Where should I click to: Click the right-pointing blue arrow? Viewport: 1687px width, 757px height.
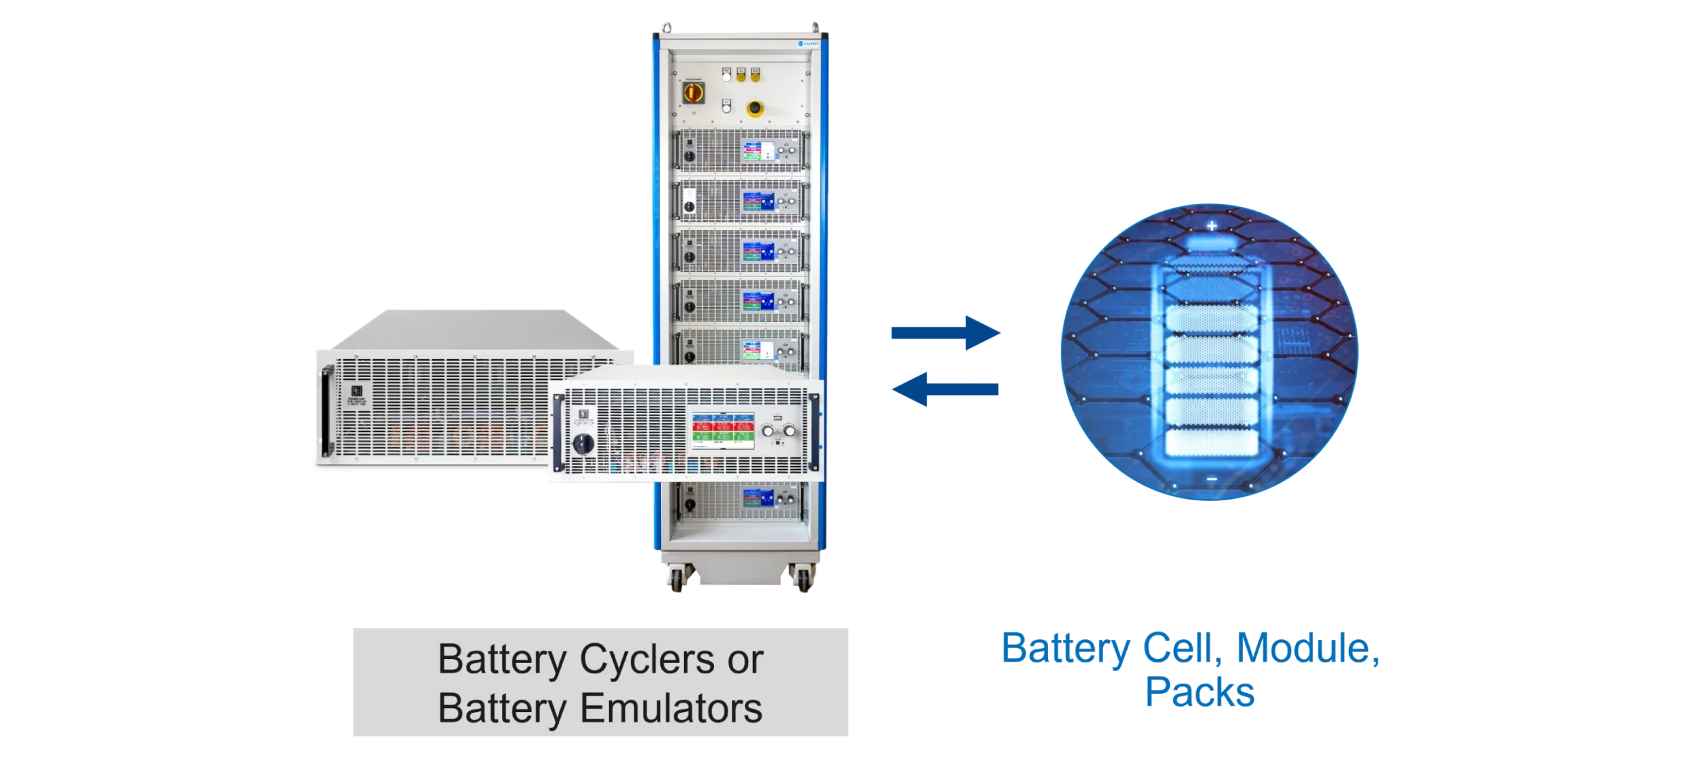946,333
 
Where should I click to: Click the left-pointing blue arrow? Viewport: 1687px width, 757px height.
946,389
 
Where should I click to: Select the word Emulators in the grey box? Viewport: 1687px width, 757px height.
671,708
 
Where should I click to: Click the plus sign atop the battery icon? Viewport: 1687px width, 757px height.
1211,226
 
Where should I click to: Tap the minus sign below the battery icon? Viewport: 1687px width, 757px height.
1211,480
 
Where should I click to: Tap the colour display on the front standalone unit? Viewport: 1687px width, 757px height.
723,430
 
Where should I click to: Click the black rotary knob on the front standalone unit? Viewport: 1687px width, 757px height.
583,443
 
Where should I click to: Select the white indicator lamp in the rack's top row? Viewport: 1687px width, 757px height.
727,76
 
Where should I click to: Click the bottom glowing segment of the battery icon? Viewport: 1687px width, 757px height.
1211,442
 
